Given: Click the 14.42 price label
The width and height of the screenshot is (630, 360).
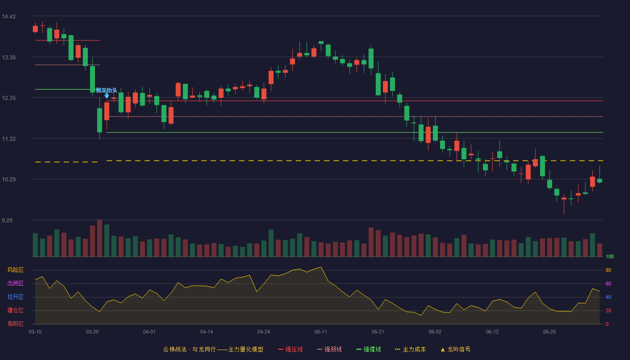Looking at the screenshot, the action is (9, 17).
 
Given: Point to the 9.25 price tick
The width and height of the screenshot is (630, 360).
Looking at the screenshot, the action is (7, 220).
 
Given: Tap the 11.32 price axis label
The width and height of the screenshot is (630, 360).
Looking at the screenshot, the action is (9, 139).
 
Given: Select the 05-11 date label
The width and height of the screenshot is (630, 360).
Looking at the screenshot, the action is (320, 332).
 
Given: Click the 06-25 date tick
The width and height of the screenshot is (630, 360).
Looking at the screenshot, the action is (549, 332).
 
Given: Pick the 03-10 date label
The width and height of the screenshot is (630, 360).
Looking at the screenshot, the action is (35, 332).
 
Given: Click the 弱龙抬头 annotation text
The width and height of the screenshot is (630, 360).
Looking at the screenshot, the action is (106, 90).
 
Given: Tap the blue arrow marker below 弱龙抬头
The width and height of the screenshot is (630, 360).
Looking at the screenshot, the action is (107, 96).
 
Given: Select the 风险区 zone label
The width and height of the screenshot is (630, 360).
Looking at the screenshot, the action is (15, 270).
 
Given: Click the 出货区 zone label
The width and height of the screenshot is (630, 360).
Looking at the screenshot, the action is (15, 283).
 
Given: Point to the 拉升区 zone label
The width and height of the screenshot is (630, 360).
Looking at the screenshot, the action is (15, 297).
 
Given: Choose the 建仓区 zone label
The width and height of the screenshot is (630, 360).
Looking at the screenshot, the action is (15, 310).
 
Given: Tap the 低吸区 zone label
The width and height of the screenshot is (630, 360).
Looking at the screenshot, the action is (15, 324).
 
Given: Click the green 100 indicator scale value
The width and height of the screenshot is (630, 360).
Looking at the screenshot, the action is (610, 256).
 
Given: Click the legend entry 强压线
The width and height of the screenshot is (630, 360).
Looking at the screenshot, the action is (290, 349).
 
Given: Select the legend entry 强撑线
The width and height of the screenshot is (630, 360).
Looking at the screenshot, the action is (369, 349).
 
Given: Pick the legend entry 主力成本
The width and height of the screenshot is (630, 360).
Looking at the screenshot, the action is (410, 349).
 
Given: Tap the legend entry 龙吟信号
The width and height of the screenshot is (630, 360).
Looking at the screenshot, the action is (455, 349).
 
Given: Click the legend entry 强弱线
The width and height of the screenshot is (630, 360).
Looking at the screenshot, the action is (329, 349).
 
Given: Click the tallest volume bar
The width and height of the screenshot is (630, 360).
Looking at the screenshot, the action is (99, 238).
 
